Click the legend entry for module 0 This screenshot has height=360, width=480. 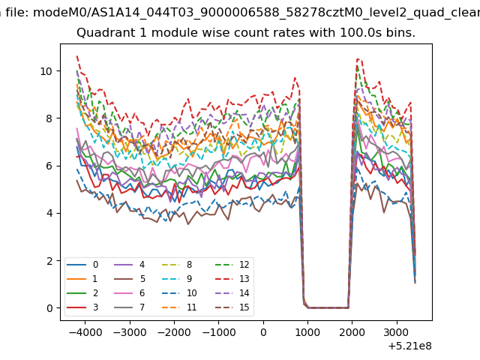pos(82,265)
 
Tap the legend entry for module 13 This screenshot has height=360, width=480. pos(232,279)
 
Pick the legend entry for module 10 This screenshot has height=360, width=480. pos(180,293)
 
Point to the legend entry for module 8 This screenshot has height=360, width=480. pos(177,265)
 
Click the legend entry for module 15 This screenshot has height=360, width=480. pos(232,307)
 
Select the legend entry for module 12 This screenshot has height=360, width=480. pos(232,265)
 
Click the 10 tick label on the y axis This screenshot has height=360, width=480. pos(46,71)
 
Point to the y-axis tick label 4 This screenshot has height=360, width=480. pos(49,213)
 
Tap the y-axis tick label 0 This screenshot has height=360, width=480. pos(49,308)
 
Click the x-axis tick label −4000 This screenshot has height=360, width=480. pos(85,332)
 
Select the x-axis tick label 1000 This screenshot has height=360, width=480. pos(307,332)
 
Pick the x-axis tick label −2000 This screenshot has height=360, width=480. pos(175,332)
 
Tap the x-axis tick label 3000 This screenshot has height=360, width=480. pos(397,332)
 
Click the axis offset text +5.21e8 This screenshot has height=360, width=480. pos(410,346)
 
